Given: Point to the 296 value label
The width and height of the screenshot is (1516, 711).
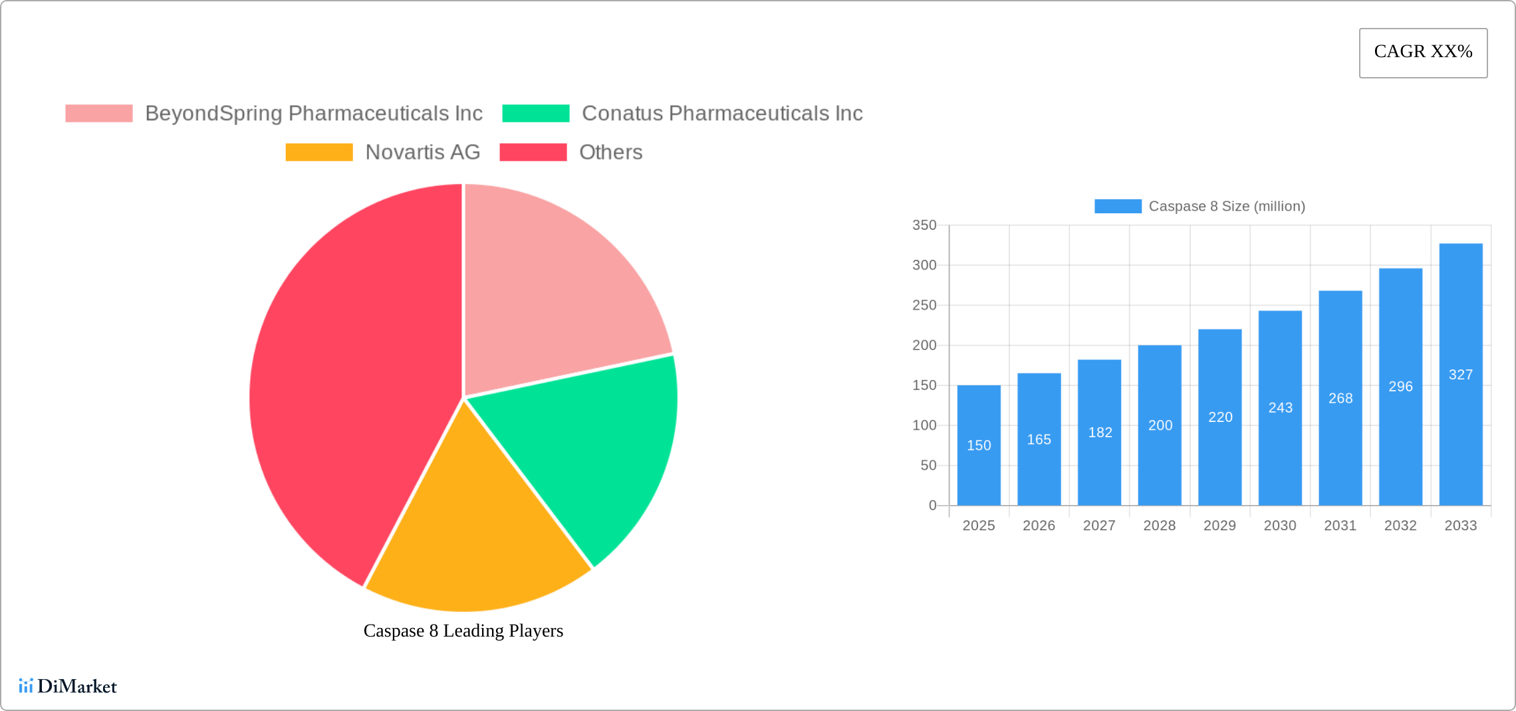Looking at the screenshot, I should pyautogui.click(x=1400, y=387).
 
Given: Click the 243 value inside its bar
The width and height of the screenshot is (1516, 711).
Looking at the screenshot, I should pyautogui.click(x=1280, y=408).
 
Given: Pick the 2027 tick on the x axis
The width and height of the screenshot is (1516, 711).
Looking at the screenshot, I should pyautogui.click(x=1099, y=526).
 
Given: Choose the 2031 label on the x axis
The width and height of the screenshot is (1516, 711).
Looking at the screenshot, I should pyautogui.click(x=1340, y=526).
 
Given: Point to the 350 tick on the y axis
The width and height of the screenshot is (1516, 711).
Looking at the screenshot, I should pyautogui.click(x=924, y=225).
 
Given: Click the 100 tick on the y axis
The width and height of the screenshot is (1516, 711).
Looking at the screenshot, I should pyautogui.click(x=924, y=425).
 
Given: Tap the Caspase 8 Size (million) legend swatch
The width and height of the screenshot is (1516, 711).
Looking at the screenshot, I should pyautogui.click(x=1118, y=207).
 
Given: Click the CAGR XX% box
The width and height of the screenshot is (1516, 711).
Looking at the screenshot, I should pyautogui.click(x=1423, y=52).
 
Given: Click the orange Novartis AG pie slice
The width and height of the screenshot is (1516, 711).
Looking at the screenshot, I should pyautogui.click(x=472, y=545).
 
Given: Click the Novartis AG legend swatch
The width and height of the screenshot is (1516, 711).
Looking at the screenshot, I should pyautogui.click(x=319, y=152).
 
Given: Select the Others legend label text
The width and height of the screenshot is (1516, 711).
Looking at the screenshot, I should pyautogui.click(x=610, y=152).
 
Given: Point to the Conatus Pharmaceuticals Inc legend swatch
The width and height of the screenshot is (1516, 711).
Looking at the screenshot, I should pyautogui.click(x=535, y=114).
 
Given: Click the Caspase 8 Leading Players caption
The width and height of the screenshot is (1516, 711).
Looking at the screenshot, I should pyautogui.click(x=463, y=631).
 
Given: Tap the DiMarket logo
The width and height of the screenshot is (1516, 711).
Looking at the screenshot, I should pyautogui.click(x=68, y=686).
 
